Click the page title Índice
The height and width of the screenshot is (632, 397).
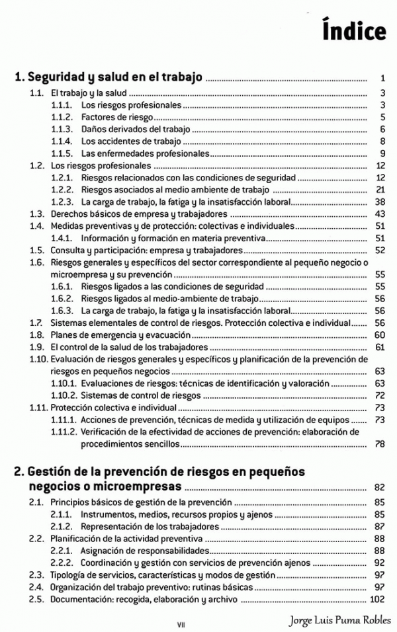click(354, 31)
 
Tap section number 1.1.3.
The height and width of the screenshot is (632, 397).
click(62, 129)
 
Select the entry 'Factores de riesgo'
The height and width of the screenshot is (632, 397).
click(112, 117)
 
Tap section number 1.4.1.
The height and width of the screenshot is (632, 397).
click(62, 238)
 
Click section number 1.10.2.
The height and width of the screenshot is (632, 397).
click(64, 395)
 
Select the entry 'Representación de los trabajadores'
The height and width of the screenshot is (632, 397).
click(150, 527)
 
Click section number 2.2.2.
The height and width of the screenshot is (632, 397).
click(62, 563)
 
